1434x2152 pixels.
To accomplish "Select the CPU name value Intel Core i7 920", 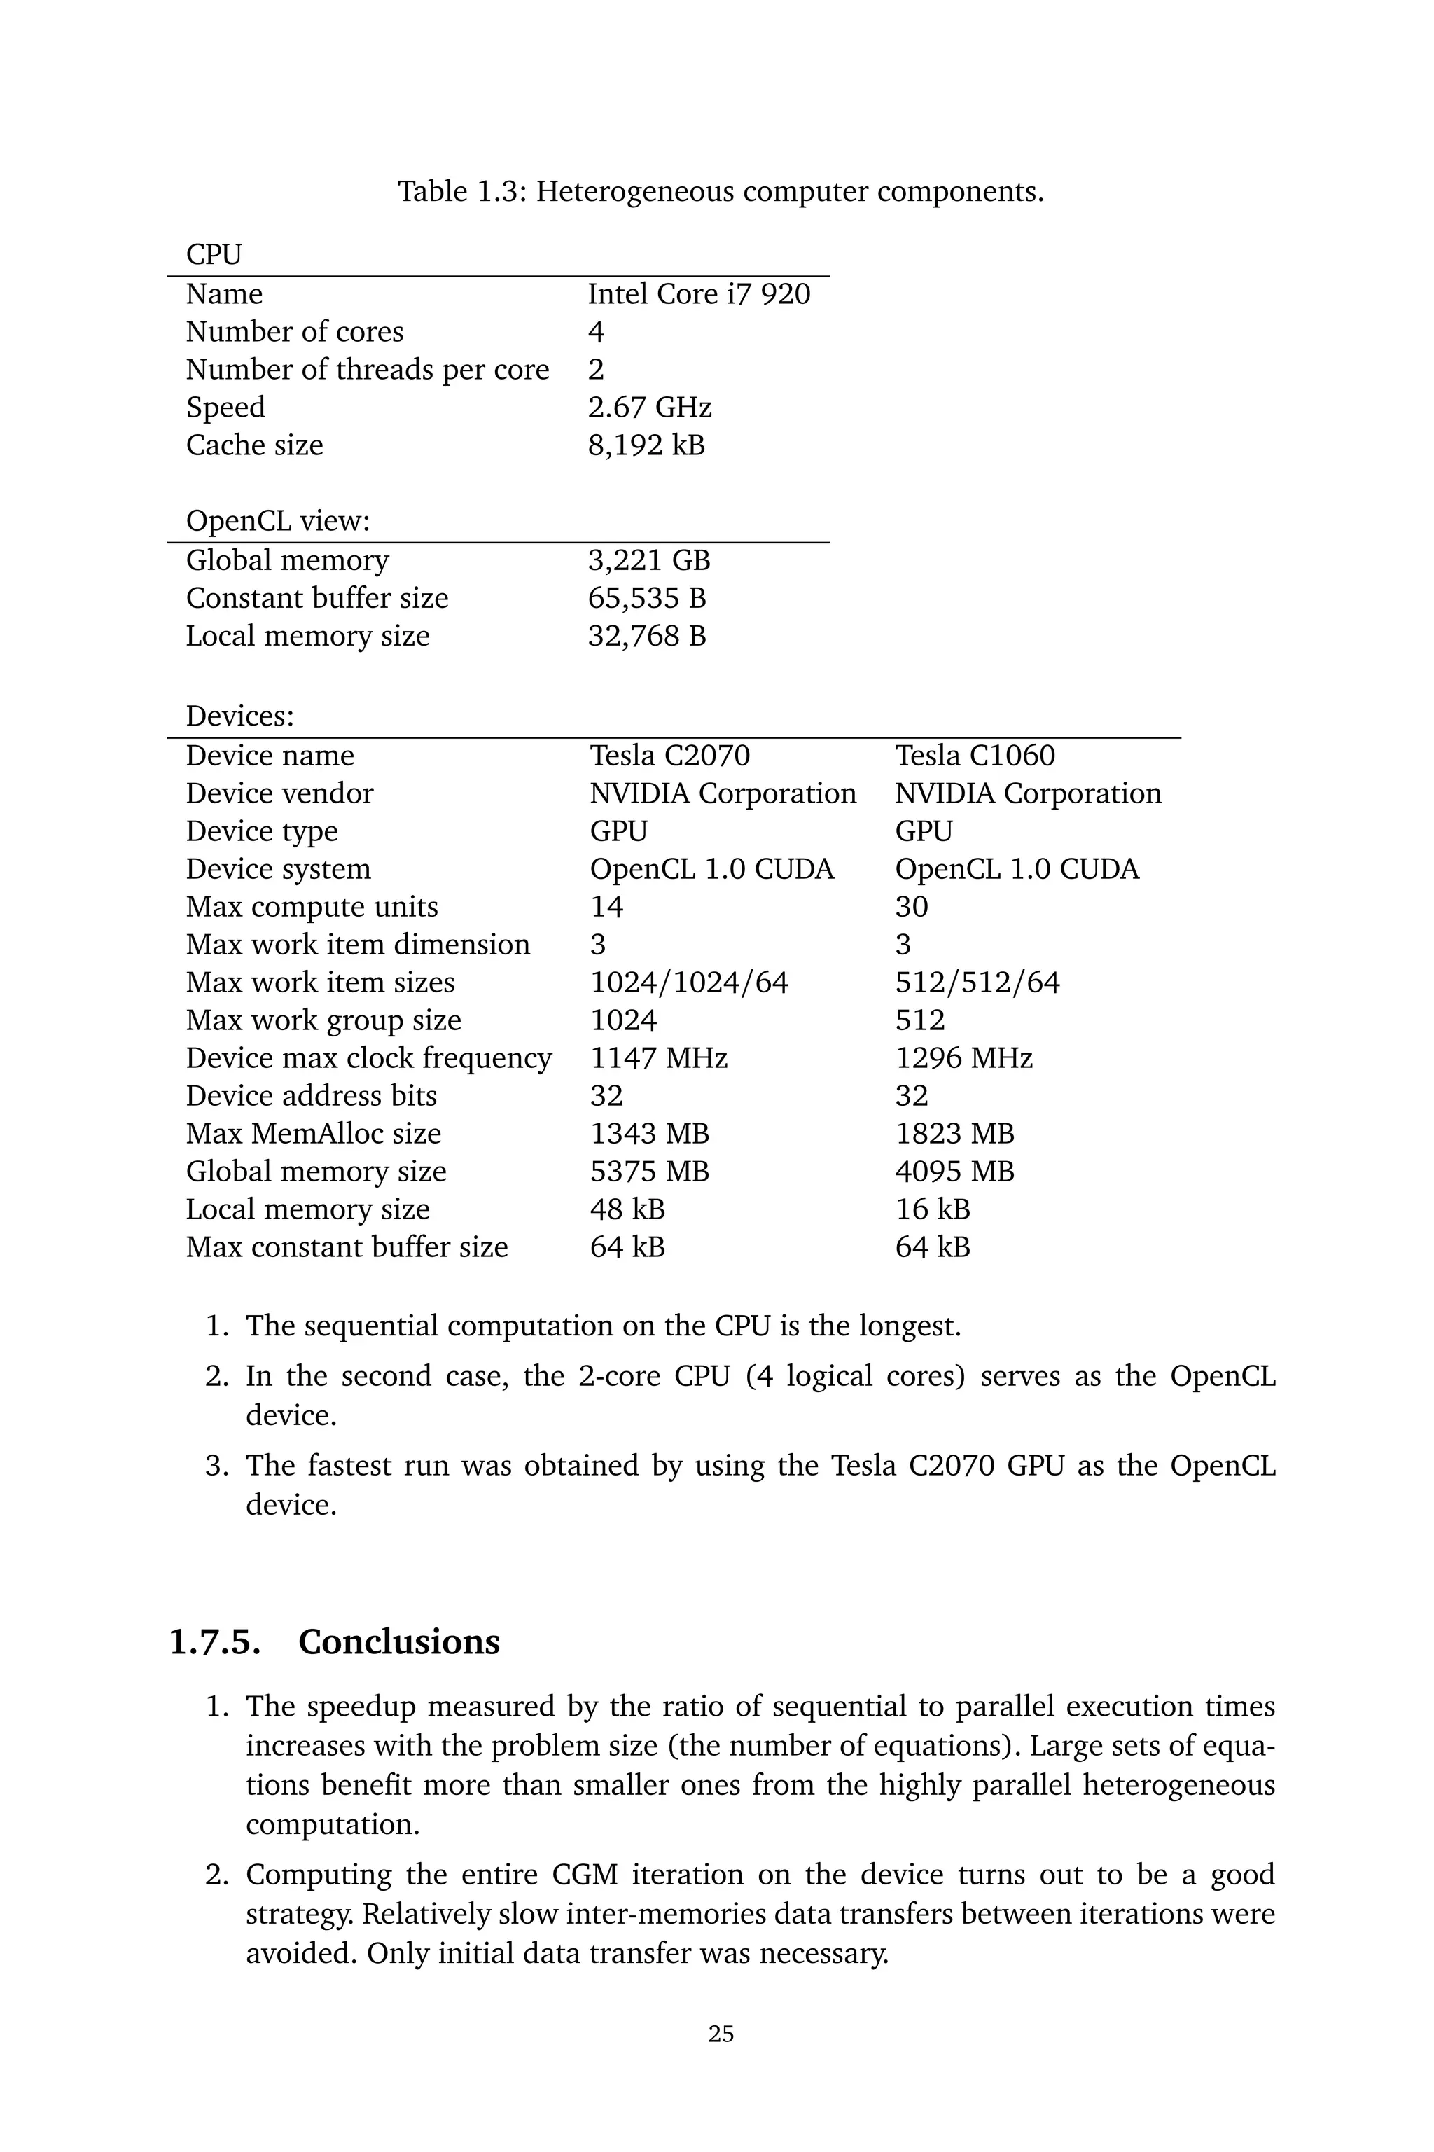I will coord(699,295).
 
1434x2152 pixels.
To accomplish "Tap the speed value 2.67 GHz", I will coord(649,408).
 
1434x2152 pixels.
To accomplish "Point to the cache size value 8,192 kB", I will coord(646,445).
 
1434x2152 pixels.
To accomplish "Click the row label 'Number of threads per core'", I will coord(368,370).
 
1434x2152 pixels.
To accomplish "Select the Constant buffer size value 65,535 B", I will coord(646,599).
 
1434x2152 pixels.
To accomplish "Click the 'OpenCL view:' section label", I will coord(278,521).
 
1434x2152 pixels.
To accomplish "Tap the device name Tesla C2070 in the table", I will coord(669,756).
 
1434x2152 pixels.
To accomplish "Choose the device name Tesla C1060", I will coord(975,756).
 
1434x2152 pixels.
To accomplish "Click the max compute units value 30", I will coord(911,908).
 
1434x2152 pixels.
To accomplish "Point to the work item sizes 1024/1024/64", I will coord(689,983).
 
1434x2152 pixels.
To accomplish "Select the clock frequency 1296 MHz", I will coord(964,1059).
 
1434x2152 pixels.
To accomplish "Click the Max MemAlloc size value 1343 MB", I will coord(649,1134).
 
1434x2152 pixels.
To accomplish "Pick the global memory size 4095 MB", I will coord(955,1172).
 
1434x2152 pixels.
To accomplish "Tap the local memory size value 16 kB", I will coord(932,1210).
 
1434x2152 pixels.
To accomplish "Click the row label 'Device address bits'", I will coord(311,1097).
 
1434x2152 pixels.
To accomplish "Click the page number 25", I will coord(721,2034).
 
